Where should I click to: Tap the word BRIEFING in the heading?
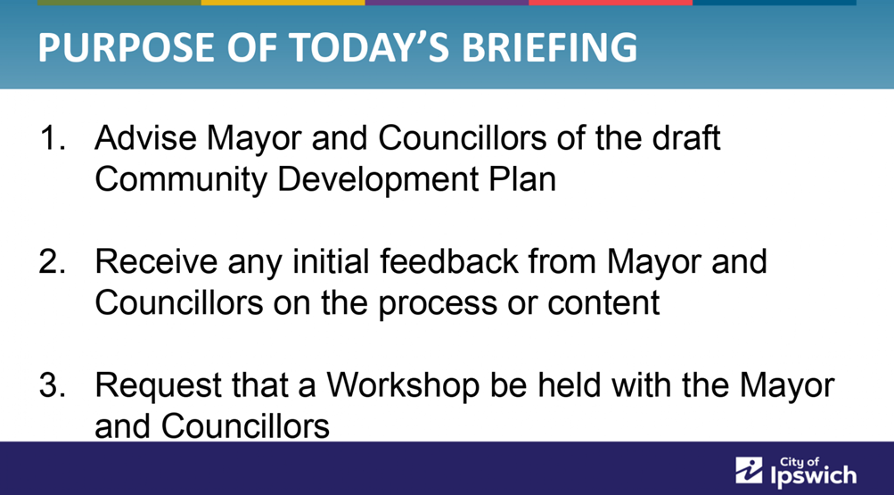[x=549, y=46]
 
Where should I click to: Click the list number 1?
[x=52, y=138]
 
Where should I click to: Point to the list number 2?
[x=52, y=261]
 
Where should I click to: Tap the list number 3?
[x=52, y=385]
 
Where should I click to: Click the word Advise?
[x=145, y=138]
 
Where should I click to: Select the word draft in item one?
[x=686, y=138]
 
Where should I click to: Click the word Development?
[x=378, y=179]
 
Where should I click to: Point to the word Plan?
[x=522, y=179]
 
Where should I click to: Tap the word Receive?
[x=156, y=261]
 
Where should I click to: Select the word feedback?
[x=448, y=261]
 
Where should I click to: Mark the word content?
[x=603, y=303]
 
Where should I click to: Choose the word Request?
[x=158, y=386]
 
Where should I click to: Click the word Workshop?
[x=403, y=386]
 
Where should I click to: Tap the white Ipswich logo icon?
[x=749, y=471]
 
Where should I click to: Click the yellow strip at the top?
[x=283, y=3]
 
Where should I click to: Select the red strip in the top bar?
[x=611, y=3]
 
